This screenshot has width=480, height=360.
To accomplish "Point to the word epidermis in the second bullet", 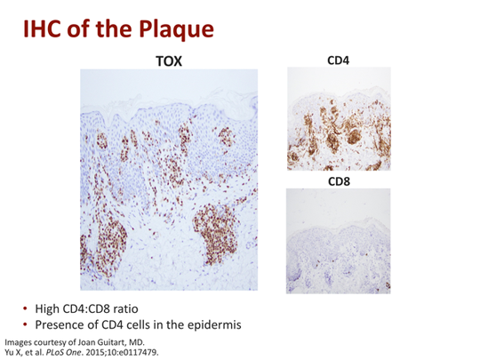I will point(212,324).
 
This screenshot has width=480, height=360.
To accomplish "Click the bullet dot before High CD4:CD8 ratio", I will point(26,308).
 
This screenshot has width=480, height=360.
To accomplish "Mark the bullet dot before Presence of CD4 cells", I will point(26,324).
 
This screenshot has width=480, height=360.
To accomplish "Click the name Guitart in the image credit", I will point(113,341).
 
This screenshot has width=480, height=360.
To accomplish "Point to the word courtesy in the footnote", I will point(50,341).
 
